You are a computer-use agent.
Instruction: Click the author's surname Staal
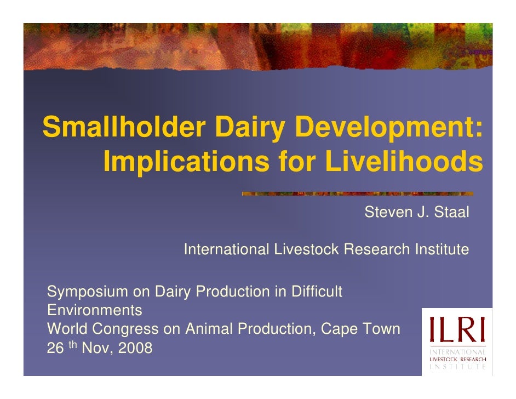click(x=451, y=213)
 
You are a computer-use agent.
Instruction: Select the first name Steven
click(x=386, y=213)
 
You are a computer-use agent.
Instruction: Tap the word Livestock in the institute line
click(x=306, y=250)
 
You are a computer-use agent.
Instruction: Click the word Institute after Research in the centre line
click(x=441, y=250)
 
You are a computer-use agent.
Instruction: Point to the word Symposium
click(x=87, y=292)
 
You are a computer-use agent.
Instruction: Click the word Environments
click(x=95, y=311)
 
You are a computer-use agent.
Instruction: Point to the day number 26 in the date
click(x=55, y=348)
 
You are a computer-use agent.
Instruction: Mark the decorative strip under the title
click(x=357, y=193)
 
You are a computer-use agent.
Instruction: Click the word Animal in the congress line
click(x=210, y=329)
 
